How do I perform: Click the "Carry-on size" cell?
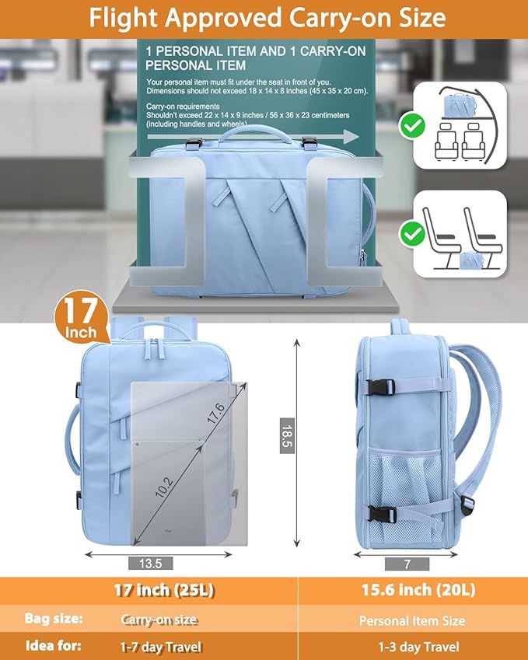(x=159, y=620)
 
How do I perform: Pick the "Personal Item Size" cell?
(x=412, y=620)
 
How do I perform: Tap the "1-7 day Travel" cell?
(x=161, y=646)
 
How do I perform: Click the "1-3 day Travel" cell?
(x=418, y=647)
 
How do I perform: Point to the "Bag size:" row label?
(x=54, y=620)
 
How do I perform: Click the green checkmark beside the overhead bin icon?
(x=412, y=124)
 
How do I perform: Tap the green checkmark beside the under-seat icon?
(x=412, y=232)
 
